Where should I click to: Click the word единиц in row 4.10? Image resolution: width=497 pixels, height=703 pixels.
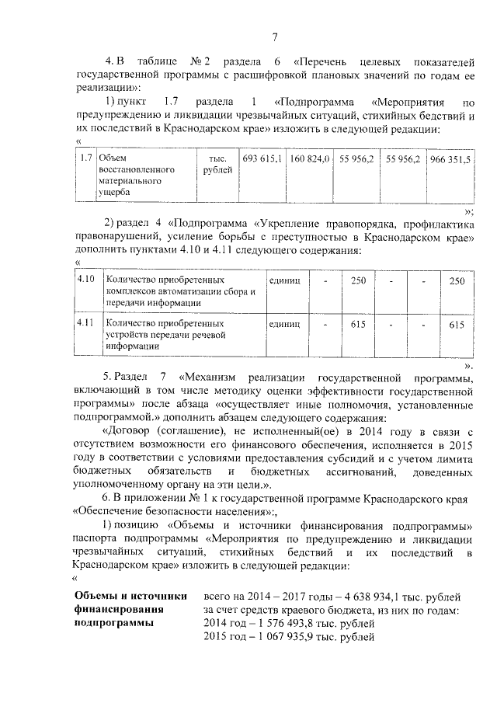[283, 278]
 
